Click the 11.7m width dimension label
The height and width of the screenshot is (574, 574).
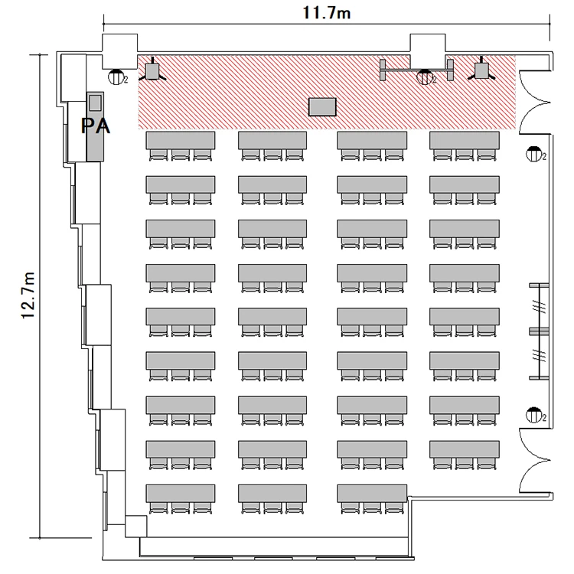coord(327,13)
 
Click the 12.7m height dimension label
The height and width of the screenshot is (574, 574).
coord(28,295)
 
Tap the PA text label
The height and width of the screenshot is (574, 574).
coord(95,126)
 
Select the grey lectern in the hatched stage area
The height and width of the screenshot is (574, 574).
coord(322,107)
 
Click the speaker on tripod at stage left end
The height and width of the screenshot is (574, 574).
coord(152,71)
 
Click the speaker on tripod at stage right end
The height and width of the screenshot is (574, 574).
coord(481,70)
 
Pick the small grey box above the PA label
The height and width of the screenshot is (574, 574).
coord(96,102)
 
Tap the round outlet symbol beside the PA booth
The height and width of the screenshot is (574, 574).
coord(116,77)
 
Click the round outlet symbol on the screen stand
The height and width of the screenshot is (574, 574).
coord(424,77)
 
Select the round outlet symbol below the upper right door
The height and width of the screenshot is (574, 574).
coord(533,154)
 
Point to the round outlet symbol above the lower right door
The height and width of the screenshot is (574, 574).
coord(533,415)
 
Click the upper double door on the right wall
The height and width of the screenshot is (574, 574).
coord(535,103)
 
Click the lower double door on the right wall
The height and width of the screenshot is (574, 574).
coord(535,461)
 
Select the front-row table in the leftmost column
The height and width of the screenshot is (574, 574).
coord(181,140)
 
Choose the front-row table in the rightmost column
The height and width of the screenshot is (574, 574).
coord(465,140)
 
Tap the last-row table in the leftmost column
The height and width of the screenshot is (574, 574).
coord(181,494)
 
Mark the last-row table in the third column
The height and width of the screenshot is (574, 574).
coord(372,494)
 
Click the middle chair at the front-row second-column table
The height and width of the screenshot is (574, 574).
coord(272,155)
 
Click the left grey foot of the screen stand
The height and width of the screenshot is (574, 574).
coord(383,70)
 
